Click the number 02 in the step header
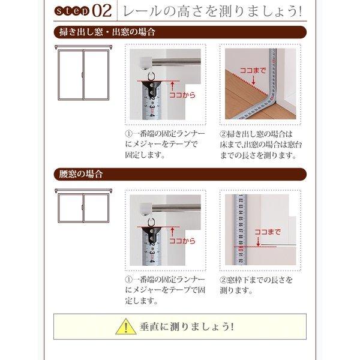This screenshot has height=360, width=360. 100,11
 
